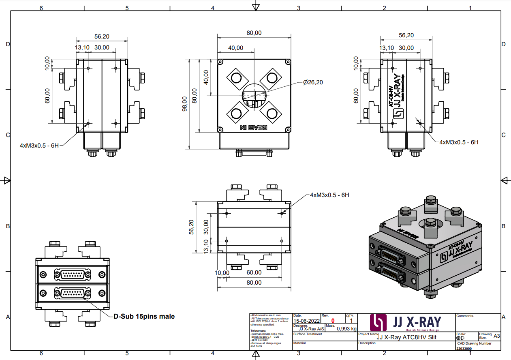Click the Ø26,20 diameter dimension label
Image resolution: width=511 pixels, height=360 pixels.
(x=313, y=82)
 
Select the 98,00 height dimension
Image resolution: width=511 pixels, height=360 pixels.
(x=185, y=103)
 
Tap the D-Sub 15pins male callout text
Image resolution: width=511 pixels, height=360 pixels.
(x=144, y=316)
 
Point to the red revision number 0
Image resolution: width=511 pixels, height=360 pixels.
(x=333, y=321)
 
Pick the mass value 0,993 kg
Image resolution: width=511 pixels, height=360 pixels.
(x=347, y=329)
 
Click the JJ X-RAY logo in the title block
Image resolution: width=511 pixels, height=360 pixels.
(x=406, y=322)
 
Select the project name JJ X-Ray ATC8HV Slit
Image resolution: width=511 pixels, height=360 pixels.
(x=406, y=337)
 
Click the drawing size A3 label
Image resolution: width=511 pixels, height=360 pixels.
(x=497, y=336)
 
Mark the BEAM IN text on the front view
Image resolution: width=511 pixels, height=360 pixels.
(x=254, y=127)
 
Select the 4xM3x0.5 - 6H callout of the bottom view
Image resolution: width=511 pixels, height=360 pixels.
(x=329, y=195)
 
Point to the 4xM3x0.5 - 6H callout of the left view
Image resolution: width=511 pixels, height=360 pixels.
(x=39, y=145)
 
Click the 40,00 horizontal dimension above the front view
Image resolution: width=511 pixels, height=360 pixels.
(x=235, y=48)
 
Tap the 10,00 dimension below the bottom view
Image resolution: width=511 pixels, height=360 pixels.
(x=222, y=273)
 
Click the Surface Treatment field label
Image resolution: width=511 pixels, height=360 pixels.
(x=308, y=334)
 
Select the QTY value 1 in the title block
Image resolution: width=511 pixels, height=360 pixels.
(x=351, y=321)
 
